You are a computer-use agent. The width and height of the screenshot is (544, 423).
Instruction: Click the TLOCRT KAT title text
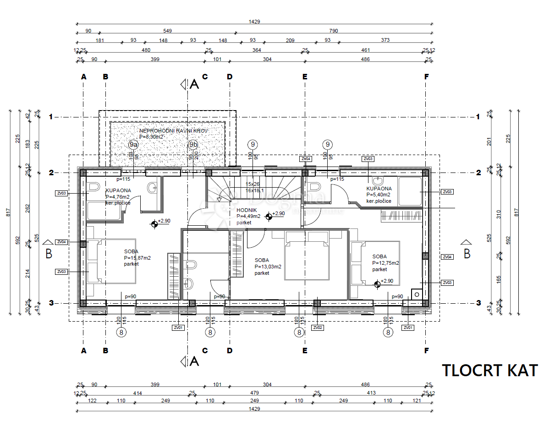(x=489, y=370)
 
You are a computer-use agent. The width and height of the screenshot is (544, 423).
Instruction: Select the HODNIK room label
(x=247, y=210)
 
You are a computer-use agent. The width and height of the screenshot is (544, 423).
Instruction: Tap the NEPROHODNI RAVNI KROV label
(x=174, y=131)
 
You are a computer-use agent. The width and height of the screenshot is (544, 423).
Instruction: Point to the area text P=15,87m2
(x=137, y=258)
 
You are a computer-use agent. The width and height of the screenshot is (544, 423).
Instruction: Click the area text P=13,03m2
(x=268, y=267)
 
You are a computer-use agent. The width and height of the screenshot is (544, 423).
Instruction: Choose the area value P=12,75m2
(x=385, y=263)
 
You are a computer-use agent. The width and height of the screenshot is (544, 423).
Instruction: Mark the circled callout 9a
(x=133, y=145)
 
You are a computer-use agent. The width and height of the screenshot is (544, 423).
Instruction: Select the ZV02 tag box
(x=317, y=328)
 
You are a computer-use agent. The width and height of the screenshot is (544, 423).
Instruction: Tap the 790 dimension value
(x=333, y=31)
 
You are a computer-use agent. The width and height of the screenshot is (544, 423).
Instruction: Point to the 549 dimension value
(x=167, y=31)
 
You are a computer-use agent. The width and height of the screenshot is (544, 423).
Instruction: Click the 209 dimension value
(x=290, y=40)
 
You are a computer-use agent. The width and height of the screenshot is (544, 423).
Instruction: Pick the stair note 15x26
(x=253, y=184)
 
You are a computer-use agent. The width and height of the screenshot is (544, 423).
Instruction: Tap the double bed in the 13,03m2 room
(x=307, y=256)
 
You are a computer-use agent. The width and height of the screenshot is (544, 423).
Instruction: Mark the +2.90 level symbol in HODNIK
(x=269, y=216)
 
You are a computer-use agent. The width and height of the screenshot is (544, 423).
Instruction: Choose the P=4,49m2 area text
(x=248, y=216)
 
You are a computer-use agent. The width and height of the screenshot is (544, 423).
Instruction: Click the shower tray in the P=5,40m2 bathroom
(x=409, y=192)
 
